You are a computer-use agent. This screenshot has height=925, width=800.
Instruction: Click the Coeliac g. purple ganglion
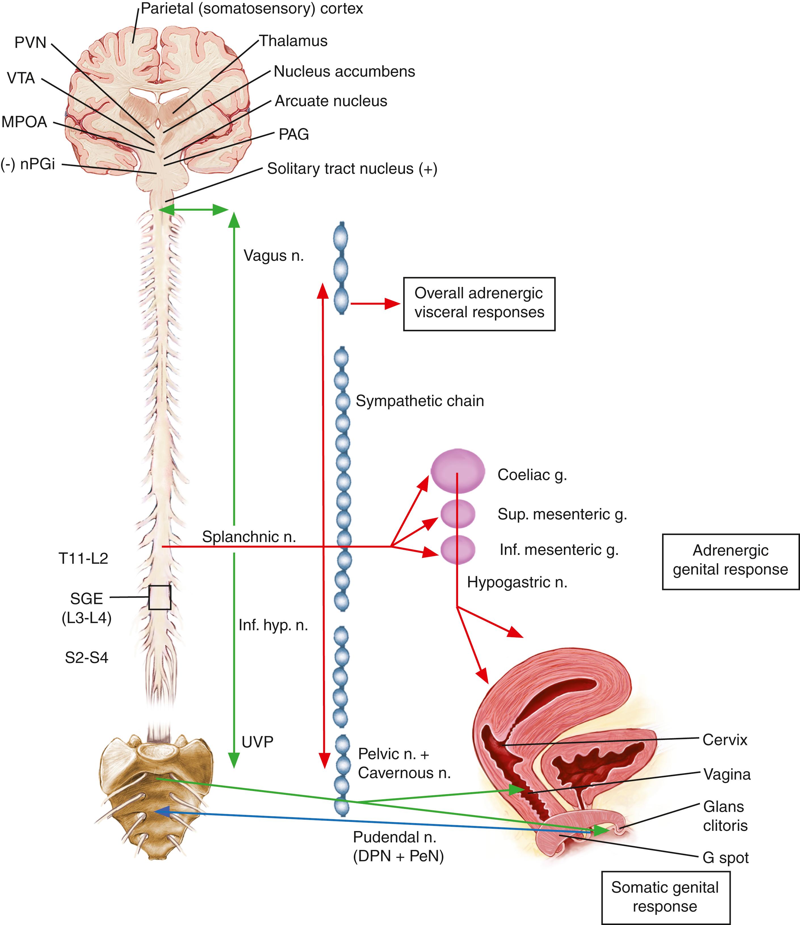point(457,471)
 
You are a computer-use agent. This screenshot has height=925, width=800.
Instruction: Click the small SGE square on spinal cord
point(159,597)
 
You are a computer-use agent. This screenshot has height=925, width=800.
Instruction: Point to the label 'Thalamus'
point(293,41)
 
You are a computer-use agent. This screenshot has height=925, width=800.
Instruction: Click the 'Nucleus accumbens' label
point(344,72)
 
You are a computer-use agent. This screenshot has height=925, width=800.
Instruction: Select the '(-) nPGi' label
point(28,164)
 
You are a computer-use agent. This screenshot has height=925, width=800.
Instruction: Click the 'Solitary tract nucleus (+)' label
point(352,169)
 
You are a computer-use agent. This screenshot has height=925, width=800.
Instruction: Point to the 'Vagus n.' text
point(274,255)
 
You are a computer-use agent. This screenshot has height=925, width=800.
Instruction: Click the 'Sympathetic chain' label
point(420,401)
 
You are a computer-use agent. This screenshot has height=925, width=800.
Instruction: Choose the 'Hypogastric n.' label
point(517,582)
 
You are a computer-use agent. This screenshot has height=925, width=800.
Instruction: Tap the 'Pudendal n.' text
point(394,837)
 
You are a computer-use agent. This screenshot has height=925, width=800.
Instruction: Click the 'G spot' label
point(725,858)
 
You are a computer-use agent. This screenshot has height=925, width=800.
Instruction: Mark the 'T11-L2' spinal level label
point(83,559)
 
